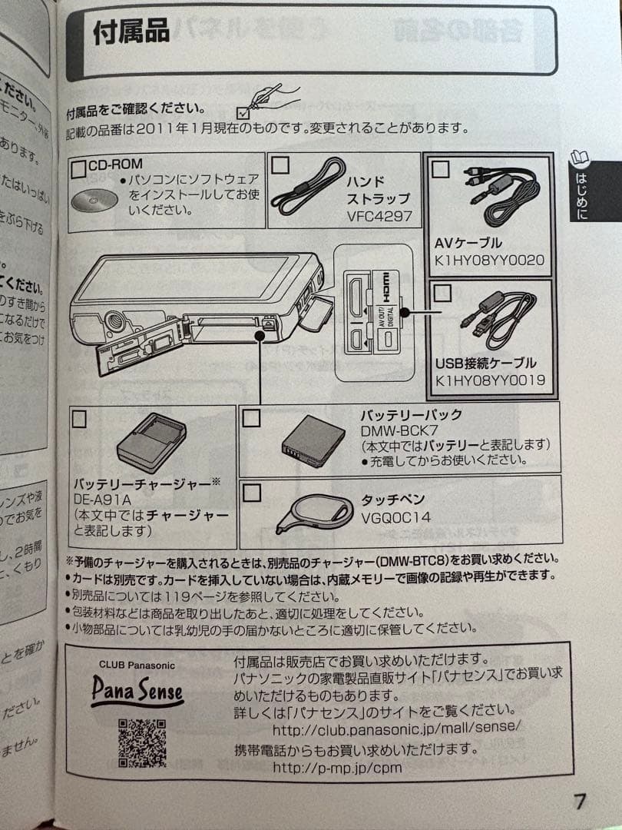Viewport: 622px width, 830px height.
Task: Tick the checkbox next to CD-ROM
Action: (78, 168)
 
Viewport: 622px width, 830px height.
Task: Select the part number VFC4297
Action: (379, 216)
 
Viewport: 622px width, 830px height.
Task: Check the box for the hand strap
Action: (281, 164)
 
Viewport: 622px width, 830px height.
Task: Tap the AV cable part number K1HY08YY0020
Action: (489, 260)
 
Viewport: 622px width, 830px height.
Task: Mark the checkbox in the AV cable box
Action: (440, 169)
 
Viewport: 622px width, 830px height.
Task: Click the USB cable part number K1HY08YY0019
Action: (489, 379)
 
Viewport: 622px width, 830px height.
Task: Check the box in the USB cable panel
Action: (442, 292)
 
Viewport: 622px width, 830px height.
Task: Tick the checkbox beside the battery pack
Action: (251, 417)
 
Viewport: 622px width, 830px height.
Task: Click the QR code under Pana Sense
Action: (142, 742)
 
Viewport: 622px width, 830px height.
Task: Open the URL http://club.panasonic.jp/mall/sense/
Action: (397, 728)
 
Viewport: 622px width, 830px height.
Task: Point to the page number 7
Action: (580, 802)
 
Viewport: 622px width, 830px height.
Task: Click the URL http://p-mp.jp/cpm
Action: (337, 767)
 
